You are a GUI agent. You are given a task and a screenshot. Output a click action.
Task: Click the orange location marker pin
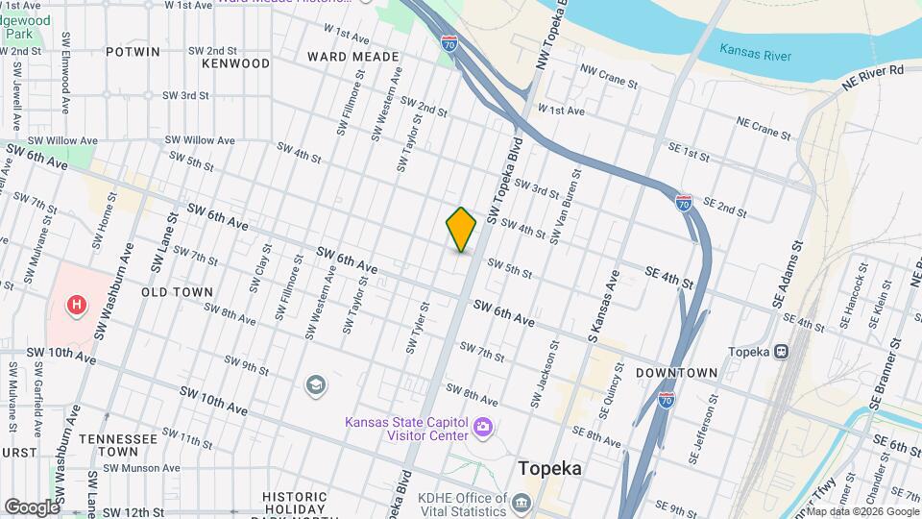pos(461,230)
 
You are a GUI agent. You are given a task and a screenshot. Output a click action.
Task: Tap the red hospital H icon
pos(76,307)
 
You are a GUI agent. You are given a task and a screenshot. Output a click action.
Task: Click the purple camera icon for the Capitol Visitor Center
pos(484,426)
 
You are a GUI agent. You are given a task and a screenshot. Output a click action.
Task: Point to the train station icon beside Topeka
pos(782,352)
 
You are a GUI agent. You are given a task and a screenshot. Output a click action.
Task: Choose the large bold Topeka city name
pos(549,469)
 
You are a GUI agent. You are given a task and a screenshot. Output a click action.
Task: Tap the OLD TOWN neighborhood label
pos(177,290)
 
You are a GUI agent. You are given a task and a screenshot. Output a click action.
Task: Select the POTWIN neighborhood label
pos(133,52)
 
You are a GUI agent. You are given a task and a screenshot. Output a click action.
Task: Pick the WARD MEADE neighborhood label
pos(353,57)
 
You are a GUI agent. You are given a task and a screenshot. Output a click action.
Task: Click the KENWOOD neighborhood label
pos(236,63)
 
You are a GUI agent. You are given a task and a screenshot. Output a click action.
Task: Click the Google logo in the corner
pos(32,507)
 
